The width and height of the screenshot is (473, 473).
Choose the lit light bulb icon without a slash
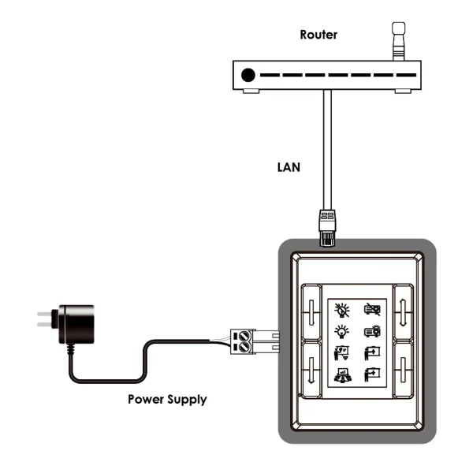[343, 331]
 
